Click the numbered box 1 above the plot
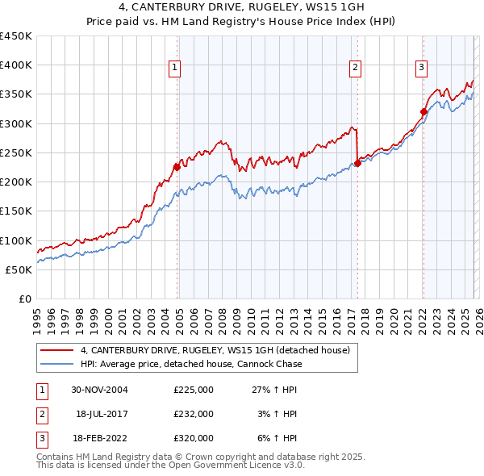point(175,69)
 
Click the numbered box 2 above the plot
point(355,69)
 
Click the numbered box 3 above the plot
point(421,69)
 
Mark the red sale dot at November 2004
point(177,168)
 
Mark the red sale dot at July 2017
point(357,164)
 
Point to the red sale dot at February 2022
point(423,112)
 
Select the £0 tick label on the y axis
point(25,299)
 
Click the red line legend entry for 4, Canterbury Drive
point(215,350)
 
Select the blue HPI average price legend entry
point(191,364)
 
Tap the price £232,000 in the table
point(194,413)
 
